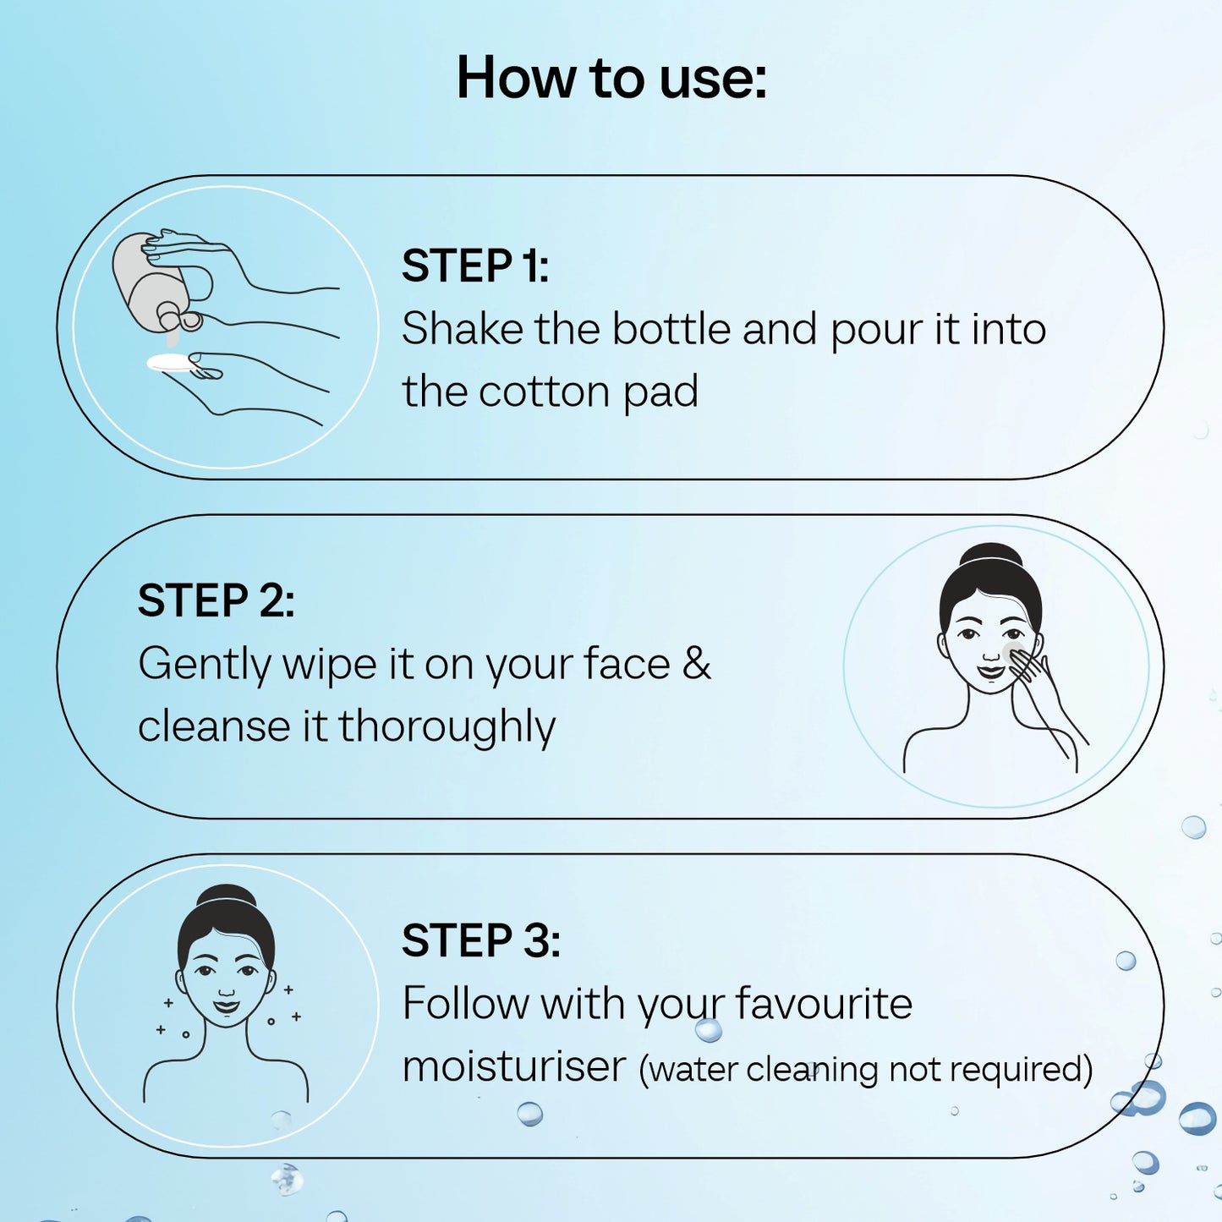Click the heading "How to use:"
[x=611, y=77]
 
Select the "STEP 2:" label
[x=216, y=600]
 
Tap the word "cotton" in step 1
[x=545, y=392]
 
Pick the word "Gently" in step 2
[x=205, y=666]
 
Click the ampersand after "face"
[x=697, y=663]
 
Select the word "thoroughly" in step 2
[x=447, y=726]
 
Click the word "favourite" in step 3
[x=824, y=1003]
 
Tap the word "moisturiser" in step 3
[x=514, y=1066]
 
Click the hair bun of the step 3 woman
[x=227, y=896]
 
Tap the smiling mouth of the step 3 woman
[x=227, y=1006]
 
